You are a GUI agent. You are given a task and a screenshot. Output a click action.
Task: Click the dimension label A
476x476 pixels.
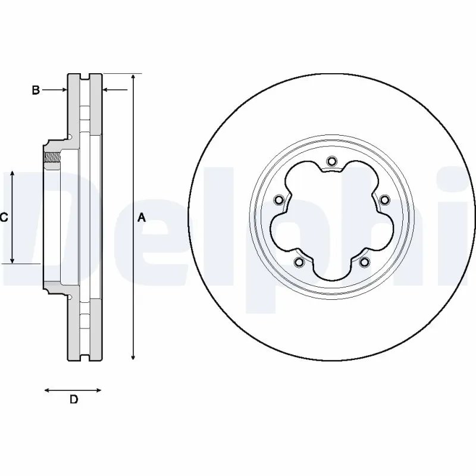(x=142, y=218)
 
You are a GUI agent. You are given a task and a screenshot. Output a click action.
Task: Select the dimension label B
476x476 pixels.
(x=36, y=90)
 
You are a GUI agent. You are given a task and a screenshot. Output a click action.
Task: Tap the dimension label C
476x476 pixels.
(x=4, y=218)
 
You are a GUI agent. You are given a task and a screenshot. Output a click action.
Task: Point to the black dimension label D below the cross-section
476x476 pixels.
(x=74, y=400)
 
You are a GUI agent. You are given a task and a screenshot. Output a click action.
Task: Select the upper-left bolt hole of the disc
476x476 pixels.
(x=278, y=199)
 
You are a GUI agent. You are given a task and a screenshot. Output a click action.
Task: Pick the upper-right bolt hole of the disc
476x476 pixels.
(x=384, y=199)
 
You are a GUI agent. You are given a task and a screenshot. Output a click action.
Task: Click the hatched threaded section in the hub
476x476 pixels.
(x=53, y=158)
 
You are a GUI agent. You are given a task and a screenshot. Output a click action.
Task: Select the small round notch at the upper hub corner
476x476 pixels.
(x=70, y=138)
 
